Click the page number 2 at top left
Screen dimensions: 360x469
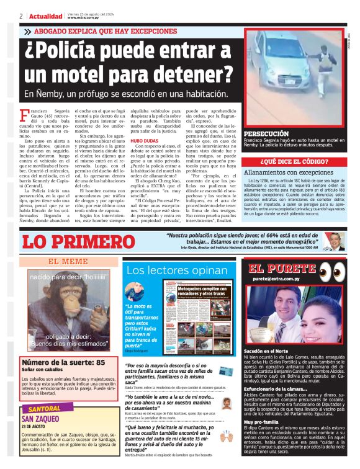click(x=22, y=16)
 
